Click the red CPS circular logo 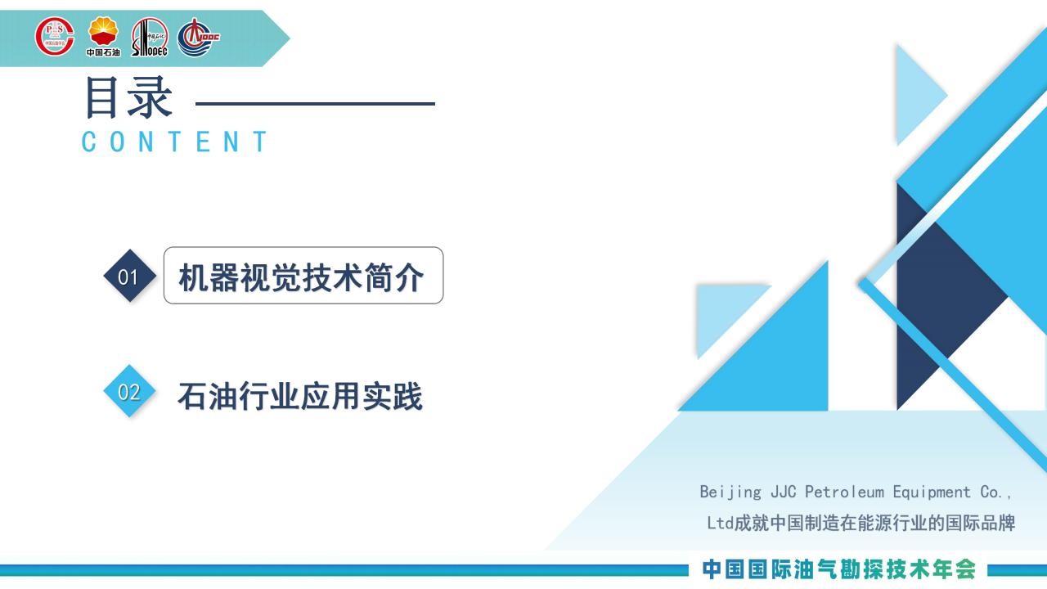click(x=55, y=37)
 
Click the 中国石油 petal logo click(x=103, y=37)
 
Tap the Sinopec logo click(x=150, y=37)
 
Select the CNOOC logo click(x=198, y=37)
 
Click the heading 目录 click(x=129, y=97)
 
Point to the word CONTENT click(x=174, y=142)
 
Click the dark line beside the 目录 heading click(x=316, y=104)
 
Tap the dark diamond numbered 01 click(x=129, y=276)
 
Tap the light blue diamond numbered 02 click(x=129, y=391)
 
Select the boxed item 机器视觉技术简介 click(x=303, y=276)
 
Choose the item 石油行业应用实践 click(x=300, y=396)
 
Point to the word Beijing click(x=730, y=492)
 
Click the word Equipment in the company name click(x=932, y=492)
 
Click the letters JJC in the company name click(x=784, y=492)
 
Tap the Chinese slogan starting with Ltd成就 click(x=861, y=523)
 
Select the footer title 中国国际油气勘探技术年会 click(x=838, y=569)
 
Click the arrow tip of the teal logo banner click(x=290, y=38)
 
